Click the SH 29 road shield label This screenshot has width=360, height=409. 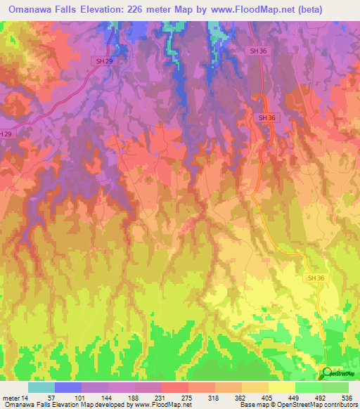coord(103,62)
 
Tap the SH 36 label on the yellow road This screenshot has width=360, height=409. coord(315,278)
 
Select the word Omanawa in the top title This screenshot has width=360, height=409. coord(35,10)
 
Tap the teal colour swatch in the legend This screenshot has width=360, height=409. coord(41,387)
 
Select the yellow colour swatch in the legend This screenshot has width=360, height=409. coord(281,387)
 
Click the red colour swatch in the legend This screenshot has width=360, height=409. coord(174,387)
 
